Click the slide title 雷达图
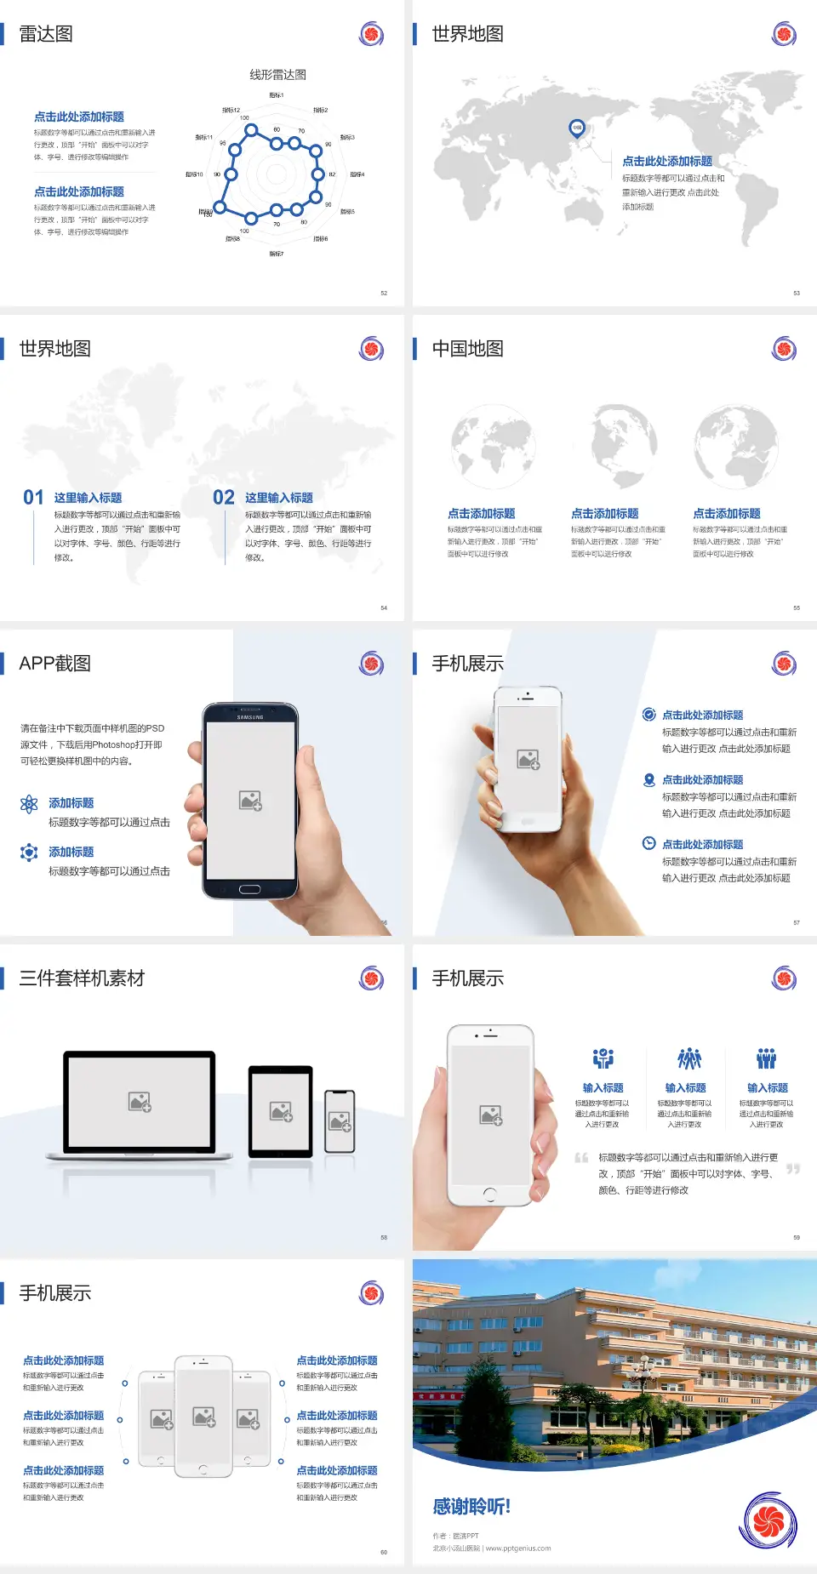point(46,34)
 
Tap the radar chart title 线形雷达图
point(277,75)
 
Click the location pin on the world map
point(576,128)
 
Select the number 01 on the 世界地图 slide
point(33,498)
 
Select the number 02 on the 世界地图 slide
point(224,498)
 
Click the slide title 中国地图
point(467,349)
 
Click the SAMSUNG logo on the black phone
point(250,717)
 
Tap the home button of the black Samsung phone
point(249,889)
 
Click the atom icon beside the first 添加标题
point(29,804)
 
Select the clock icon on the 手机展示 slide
point(648,843)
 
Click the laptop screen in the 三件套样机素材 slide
point(140,1101)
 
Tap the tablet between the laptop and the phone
point(281,1110)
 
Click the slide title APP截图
point(55,664)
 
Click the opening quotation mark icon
point(581,1158)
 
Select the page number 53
point(797,293)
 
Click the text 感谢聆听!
point(471,1507)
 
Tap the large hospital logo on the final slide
point(769,1521)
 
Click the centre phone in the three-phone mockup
point(203,1416)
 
